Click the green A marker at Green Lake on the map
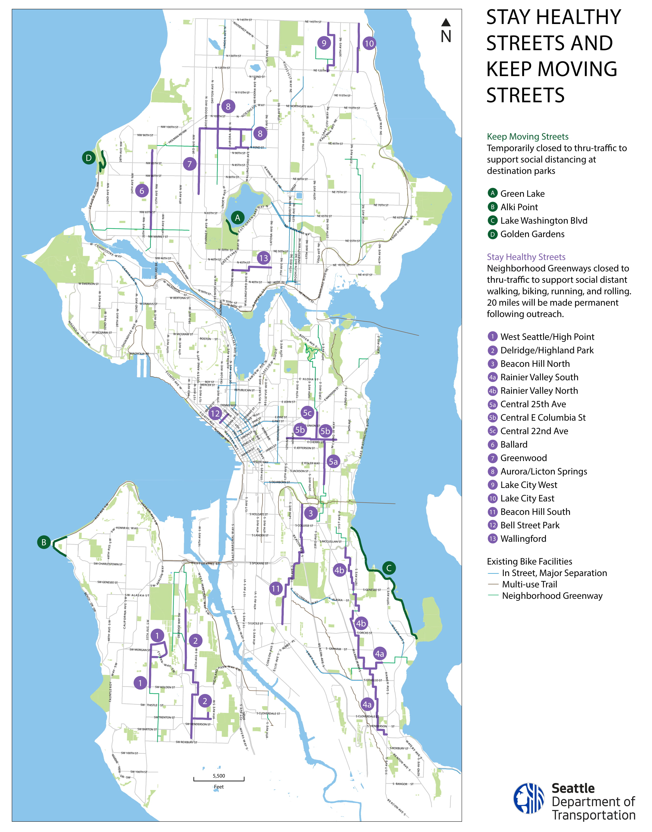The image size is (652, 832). [237, 218]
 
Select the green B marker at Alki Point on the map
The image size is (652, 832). [44, 542]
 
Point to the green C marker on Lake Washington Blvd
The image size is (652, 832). [389, 568]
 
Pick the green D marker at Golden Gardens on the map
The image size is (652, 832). [89, 158]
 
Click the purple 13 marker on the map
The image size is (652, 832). [263, 258]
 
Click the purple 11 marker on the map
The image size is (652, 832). [276, 589]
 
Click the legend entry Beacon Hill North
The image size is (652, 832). [534, 364]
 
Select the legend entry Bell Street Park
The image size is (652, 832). [530, 525]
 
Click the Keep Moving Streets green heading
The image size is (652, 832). [528, 137]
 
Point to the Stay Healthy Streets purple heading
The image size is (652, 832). [526, 257]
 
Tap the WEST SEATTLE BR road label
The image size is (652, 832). [205, 564]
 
